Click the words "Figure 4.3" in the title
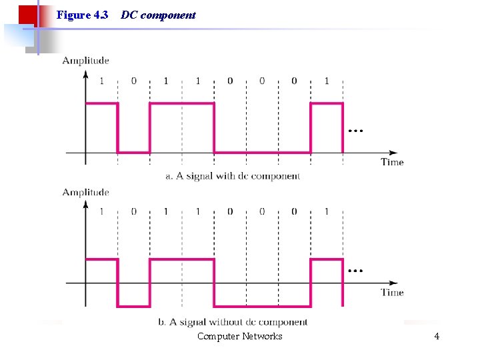tap(83, 15)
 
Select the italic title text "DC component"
tap(159, 15)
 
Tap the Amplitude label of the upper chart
tap(85, 61)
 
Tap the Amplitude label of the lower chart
tap(85, 192)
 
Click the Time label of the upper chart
tap(392, 161)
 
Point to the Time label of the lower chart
tap(392, 292)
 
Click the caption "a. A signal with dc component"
tap(233, 176)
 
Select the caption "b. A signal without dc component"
tap(233, 322)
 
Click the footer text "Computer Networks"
tap(239, 336)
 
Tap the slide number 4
tap(437, 336)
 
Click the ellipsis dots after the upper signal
tap(355, 131)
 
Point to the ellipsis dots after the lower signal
tap(355, 271)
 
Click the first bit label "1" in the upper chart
tap(101, 81)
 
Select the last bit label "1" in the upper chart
tap(327, 81)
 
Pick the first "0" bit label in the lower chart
tap(133, 211)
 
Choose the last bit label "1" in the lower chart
tap(327, 211)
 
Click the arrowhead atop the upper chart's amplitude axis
tap(85, 73)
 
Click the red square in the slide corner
tap(27, 15)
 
